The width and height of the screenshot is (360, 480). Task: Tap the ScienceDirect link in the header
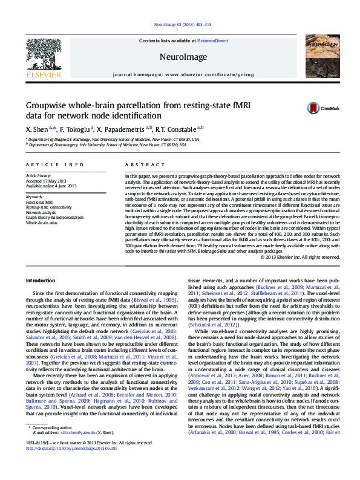[x=213, y=41]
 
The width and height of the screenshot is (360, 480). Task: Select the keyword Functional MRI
[x=39, y=202]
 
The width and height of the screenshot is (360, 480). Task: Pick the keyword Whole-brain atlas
[x=41, y=221]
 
